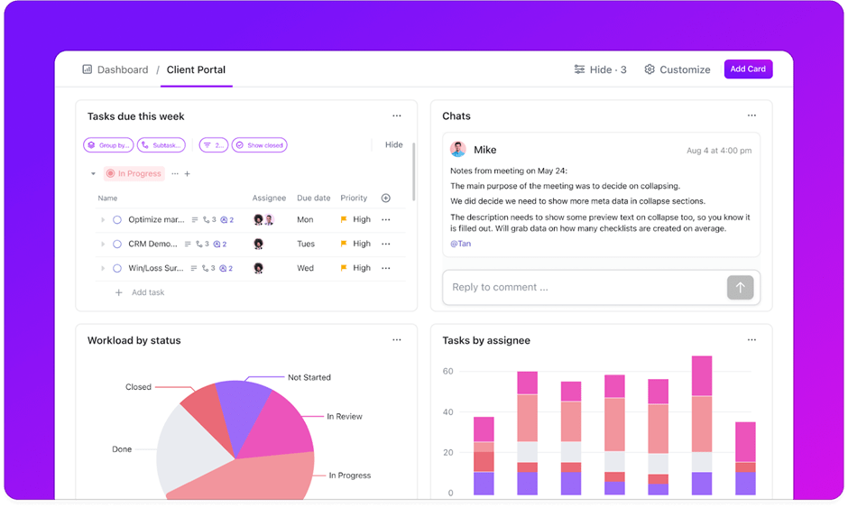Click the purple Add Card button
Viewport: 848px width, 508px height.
[748, 69]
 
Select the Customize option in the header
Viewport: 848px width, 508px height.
[677, 69]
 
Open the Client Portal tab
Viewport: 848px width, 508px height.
[196, 69]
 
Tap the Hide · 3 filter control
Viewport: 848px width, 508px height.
[600, 69]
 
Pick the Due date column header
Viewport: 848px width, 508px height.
[313, 198]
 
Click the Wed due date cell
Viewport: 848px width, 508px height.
[305, 268]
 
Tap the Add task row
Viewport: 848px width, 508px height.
[147, 292]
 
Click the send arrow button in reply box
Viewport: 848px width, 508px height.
[740, 287]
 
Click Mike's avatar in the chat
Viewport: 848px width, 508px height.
[458, 150]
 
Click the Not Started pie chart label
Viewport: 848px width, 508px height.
[309, 377]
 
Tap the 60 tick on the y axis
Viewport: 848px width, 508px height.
[447, 371]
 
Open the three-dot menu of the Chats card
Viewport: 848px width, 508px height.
[751, 115]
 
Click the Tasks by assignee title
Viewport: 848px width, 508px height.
[485, 340]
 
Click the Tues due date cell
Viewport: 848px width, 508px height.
[306, 244]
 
